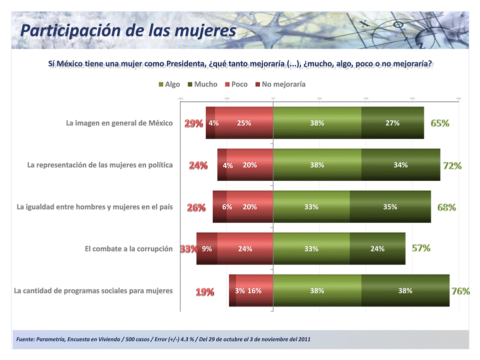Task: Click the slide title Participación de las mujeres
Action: tap(128, 30)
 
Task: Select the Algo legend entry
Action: tap(169, 84)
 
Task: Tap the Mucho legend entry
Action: tap(203, 84)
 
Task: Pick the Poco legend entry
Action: tap(236, 84)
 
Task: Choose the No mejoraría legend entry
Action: tap(280, 84)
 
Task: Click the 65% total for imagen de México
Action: tap(440, 123)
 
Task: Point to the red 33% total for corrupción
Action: tap(189, 249)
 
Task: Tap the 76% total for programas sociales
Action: tap(461, 291)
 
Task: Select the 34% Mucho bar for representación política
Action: tap(401, 165)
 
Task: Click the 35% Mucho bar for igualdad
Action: tap(390, 207)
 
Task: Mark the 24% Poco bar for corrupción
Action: tap(245, 249)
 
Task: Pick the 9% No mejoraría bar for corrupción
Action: tap(207, 249)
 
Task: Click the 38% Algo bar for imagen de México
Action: tap(317, 123)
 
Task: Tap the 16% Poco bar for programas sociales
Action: tap(254, 291)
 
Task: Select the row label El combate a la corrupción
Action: tap(129, 249)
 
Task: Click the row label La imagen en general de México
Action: tap(119, 123)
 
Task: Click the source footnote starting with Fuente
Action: tap(163, 340)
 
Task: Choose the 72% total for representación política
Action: tap(452, 165)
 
